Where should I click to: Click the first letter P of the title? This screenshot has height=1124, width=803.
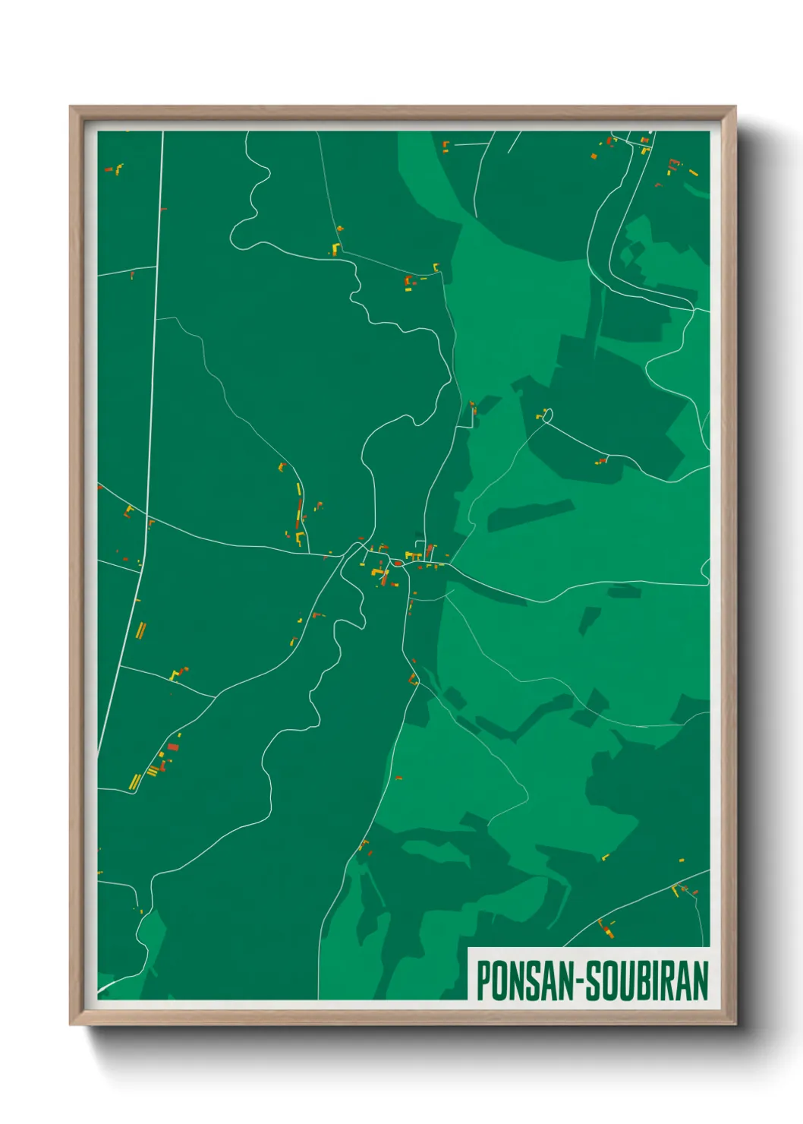483,980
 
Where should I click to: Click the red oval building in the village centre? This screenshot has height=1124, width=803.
397,563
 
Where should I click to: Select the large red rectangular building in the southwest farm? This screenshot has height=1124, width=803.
173,747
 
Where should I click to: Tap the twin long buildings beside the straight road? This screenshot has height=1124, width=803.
140,630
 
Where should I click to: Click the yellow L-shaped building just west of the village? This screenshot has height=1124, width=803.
300,538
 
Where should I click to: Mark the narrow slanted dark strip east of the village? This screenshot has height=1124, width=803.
530,515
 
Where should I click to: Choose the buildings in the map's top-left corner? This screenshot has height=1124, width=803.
115,169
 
